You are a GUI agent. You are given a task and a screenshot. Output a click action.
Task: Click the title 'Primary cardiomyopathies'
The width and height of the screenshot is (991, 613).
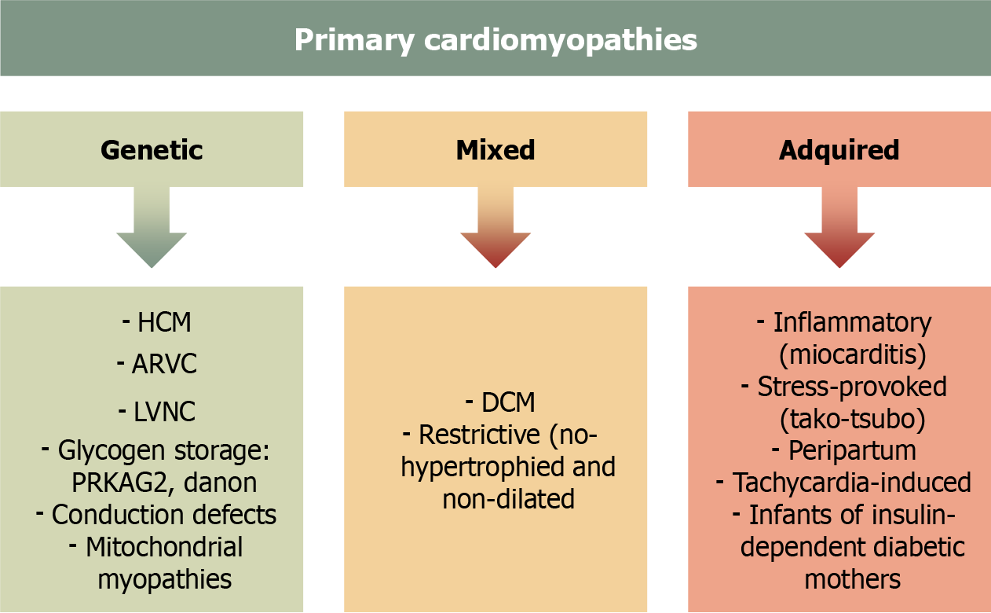tap(495, 40)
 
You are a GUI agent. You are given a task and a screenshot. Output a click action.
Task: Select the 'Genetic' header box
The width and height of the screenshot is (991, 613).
tap(152, 149)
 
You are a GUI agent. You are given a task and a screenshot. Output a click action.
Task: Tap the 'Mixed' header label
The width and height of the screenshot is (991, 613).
tap(495, 149)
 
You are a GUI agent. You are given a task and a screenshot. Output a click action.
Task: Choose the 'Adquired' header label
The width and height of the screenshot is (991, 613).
tap(839, 149)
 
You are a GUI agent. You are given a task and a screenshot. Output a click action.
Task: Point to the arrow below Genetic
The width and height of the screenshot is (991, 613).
tap(152, 228)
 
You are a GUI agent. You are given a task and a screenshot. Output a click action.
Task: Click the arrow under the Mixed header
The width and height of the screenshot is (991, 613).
tap(495, 228)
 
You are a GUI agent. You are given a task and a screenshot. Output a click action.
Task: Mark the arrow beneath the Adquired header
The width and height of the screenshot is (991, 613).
tap(839, 228)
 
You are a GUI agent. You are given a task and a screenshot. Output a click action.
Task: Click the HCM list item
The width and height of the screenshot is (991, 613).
tap(164, 322)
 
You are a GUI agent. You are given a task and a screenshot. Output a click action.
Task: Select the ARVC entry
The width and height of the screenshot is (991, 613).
tap(163, 365)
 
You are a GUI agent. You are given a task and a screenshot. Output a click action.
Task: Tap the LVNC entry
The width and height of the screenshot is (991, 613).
tap(164, 411)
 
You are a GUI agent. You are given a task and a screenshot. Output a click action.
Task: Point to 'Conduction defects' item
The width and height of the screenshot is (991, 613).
tap(163, 515)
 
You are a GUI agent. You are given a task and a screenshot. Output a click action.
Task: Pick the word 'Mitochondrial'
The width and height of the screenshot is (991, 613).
tap(164, 547)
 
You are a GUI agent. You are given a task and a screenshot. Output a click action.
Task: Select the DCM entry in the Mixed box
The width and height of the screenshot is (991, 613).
tap(508, 402)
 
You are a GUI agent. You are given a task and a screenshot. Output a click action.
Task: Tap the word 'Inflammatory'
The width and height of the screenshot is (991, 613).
tap(852, 322)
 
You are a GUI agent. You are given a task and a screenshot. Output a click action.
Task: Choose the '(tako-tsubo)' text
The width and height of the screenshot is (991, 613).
tap(852, 419)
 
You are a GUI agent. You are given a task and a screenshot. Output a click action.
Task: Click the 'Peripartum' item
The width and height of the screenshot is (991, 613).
tap(852, 451)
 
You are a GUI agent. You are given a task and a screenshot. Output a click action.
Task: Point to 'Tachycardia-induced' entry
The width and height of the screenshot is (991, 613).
tap(852, 483)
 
